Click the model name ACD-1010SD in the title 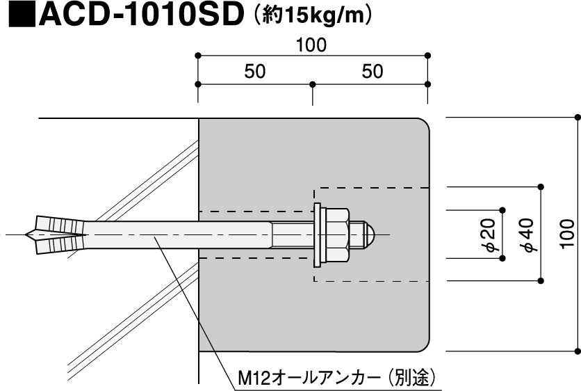click(142, 14)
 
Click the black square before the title click(22, 15)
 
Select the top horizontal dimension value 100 click(311, 45)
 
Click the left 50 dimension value click(255, 71)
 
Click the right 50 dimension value click(373, 71)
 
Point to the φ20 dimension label click(490, 235)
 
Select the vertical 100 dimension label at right click(567, 234)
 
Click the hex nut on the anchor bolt click(335, 235)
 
